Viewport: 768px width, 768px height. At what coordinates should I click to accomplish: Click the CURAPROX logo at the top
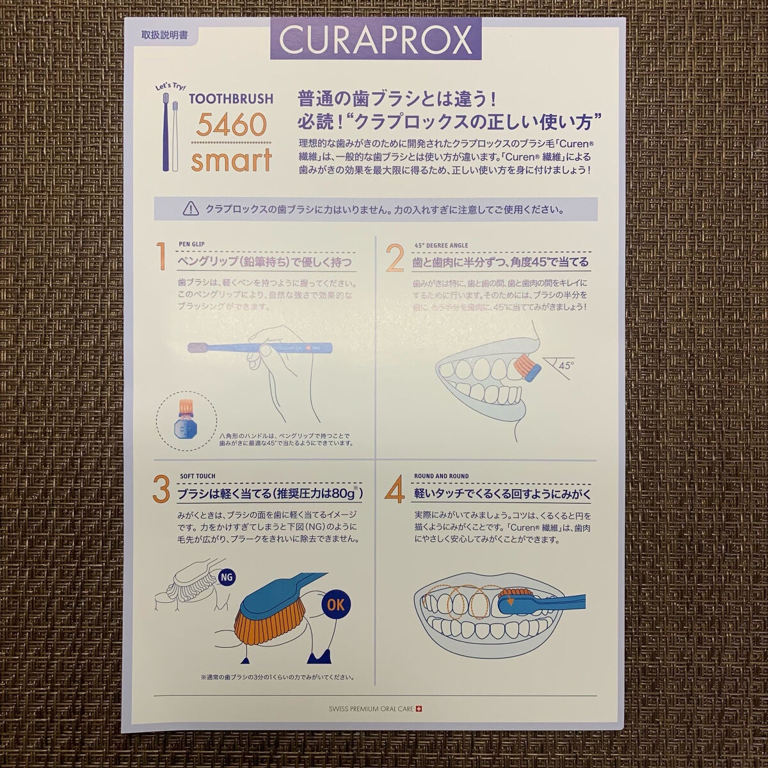[376, 40]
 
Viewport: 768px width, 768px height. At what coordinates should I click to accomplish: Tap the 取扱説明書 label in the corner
[164, 36]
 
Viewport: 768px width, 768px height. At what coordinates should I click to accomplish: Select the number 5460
[230, 124]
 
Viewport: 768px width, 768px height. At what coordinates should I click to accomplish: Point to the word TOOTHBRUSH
[231, 99]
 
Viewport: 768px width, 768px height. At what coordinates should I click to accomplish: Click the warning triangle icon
[190, 209]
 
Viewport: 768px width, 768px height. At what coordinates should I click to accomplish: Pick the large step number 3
[161, 490]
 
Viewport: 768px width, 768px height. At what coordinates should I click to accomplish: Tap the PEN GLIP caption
[193, 244]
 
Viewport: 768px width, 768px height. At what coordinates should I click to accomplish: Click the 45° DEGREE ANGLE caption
[441, 245]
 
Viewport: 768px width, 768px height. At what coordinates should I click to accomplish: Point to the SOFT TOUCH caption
[197, 476]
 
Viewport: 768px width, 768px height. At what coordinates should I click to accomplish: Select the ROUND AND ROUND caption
[441, 476]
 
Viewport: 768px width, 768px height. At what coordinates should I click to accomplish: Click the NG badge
[225, 577]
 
